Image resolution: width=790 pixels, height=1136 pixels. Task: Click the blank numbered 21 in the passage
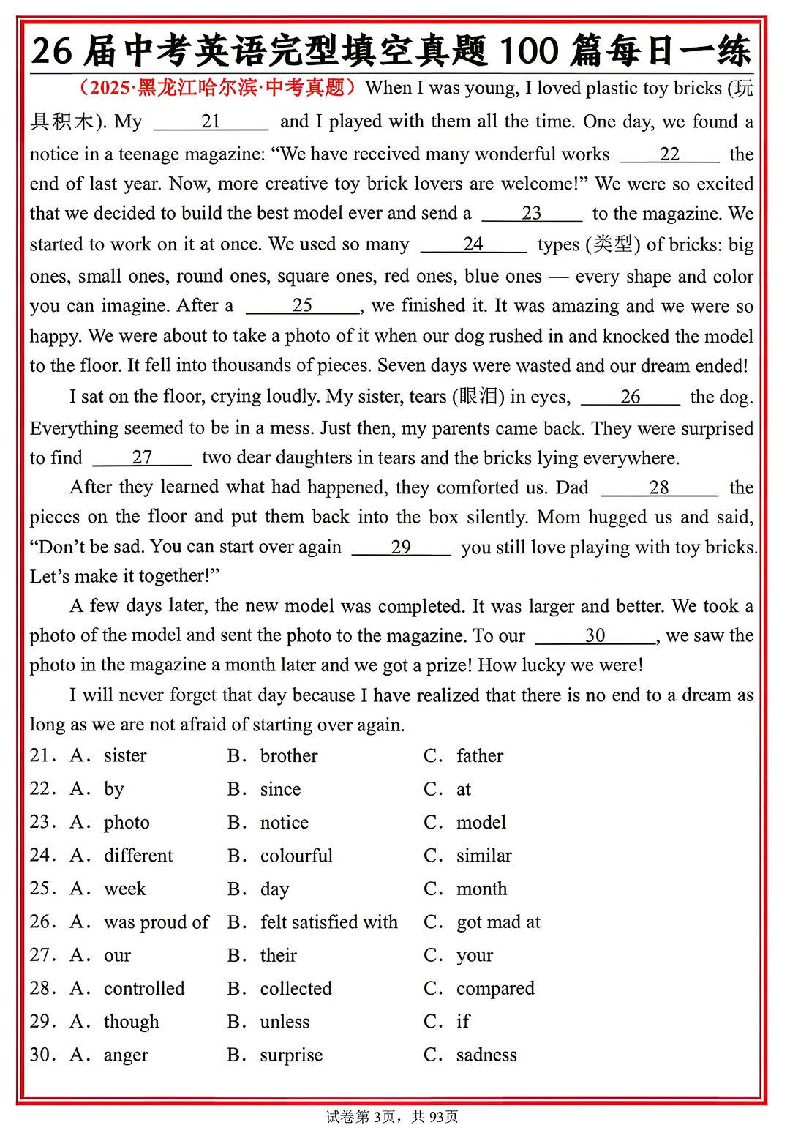point(211,122)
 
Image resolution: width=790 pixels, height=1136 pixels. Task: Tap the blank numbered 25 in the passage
point(302,306)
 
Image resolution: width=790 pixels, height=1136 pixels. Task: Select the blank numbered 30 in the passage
point(595,636)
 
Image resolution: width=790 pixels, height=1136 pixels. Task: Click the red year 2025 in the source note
point(110,88)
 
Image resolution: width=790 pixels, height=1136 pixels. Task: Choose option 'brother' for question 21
point(288,756)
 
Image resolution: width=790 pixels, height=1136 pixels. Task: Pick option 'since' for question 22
point(280,789)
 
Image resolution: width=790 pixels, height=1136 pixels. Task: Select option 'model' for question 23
point(481,823)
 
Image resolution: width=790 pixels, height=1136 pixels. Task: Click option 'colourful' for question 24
point(296,856)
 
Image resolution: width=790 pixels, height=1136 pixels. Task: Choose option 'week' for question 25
point(125,889)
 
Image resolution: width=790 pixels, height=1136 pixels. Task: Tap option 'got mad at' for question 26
point(498,922)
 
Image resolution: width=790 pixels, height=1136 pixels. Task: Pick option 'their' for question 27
point(278,956)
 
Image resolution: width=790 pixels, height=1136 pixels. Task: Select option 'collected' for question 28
point(296,989)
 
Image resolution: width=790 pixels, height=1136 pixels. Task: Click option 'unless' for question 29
point(285,1022)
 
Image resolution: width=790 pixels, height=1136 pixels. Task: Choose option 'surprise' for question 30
point(291,1055)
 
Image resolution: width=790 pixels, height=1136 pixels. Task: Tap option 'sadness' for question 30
point(486,1055)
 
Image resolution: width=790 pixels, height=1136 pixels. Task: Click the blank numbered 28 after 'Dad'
point(658,488)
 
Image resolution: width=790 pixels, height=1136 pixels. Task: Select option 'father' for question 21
point(480,756)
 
